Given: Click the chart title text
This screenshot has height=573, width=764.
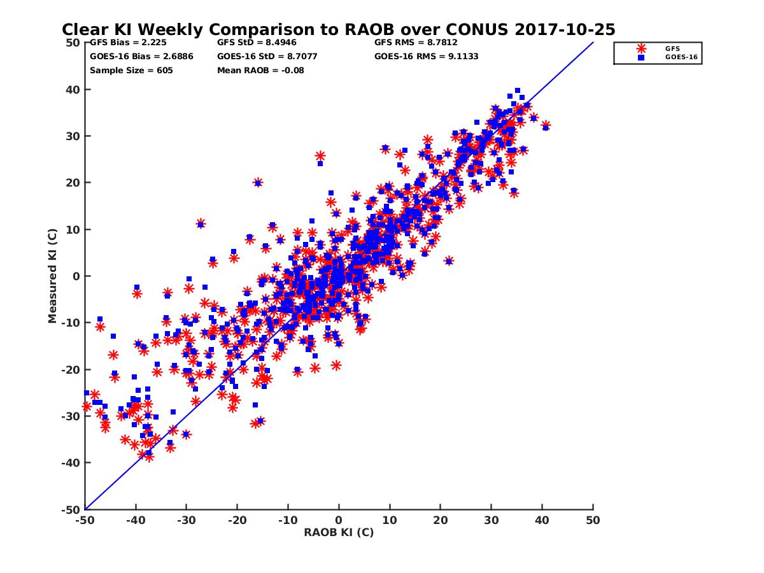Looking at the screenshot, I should (x=338, y=29).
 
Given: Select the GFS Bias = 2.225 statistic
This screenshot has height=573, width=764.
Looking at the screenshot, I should (x=127, y=43).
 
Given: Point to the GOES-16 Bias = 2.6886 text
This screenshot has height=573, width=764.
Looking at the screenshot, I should (x=141, y=56).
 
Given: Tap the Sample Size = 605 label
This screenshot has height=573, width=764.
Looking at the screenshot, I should (x=131, y=70).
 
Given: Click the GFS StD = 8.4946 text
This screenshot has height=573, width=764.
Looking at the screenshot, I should (x=257, y=43).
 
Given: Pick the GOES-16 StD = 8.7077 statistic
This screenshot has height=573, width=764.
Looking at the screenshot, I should (x=267, y=56).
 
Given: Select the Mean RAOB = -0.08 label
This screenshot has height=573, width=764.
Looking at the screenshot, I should (x=260, y=70).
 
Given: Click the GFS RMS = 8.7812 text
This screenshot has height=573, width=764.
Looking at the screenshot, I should (x=416, y=43).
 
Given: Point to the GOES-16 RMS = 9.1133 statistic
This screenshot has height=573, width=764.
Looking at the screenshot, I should (x=426, y=56).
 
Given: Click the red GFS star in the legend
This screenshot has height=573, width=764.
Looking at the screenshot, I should (x=641, y=48).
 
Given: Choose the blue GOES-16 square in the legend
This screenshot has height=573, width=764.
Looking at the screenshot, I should (x=641, y=57).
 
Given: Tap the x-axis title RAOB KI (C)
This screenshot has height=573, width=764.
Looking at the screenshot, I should (x=338, y=532).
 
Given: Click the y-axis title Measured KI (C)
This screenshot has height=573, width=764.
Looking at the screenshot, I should (x=53, y=276).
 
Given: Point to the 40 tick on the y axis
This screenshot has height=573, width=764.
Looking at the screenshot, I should (x=73, y=90).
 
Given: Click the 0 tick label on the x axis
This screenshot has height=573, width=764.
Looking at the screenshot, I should (x=339, y=520).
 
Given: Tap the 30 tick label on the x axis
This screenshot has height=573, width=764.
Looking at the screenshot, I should (x=491, y=520).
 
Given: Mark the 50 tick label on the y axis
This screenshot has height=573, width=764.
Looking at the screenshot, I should (x=73, y=43).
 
